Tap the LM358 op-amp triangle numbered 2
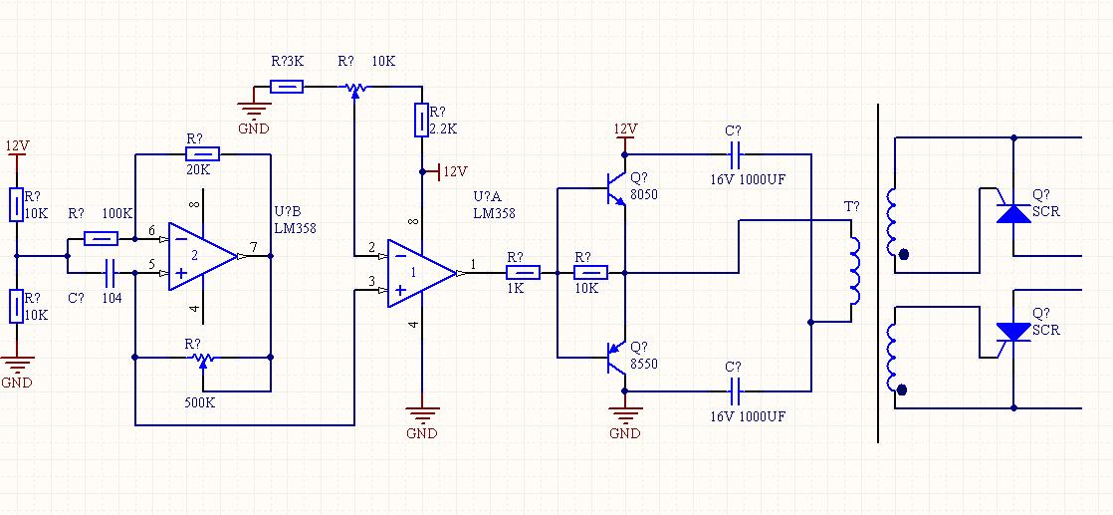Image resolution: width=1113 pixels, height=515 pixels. coord(203,256)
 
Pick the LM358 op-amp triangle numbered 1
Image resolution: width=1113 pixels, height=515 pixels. coord(422,274)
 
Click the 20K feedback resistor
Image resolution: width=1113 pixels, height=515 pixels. coord(202,154)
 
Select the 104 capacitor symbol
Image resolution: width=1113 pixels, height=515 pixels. coord(111,273)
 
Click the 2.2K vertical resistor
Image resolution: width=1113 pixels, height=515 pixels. coord(422,121)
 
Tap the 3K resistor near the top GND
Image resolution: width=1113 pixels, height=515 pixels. coord(287,87)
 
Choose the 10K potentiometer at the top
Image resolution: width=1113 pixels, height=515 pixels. coord(354,88)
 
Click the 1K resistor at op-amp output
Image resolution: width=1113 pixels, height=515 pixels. coord(523,273)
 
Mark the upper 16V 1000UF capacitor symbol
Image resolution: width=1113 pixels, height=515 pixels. coord(735,154)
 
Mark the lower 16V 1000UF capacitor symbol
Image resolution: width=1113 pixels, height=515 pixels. coord(735,390)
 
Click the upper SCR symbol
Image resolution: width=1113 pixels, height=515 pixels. coord(1012,212)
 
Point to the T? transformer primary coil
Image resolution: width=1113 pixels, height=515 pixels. coord(854,271)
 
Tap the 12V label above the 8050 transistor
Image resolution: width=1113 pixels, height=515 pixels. coord(625,129)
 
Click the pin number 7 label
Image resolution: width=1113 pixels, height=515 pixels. coord(253,246)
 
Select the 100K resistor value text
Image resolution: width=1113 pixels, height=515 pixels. coord(117,213)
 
